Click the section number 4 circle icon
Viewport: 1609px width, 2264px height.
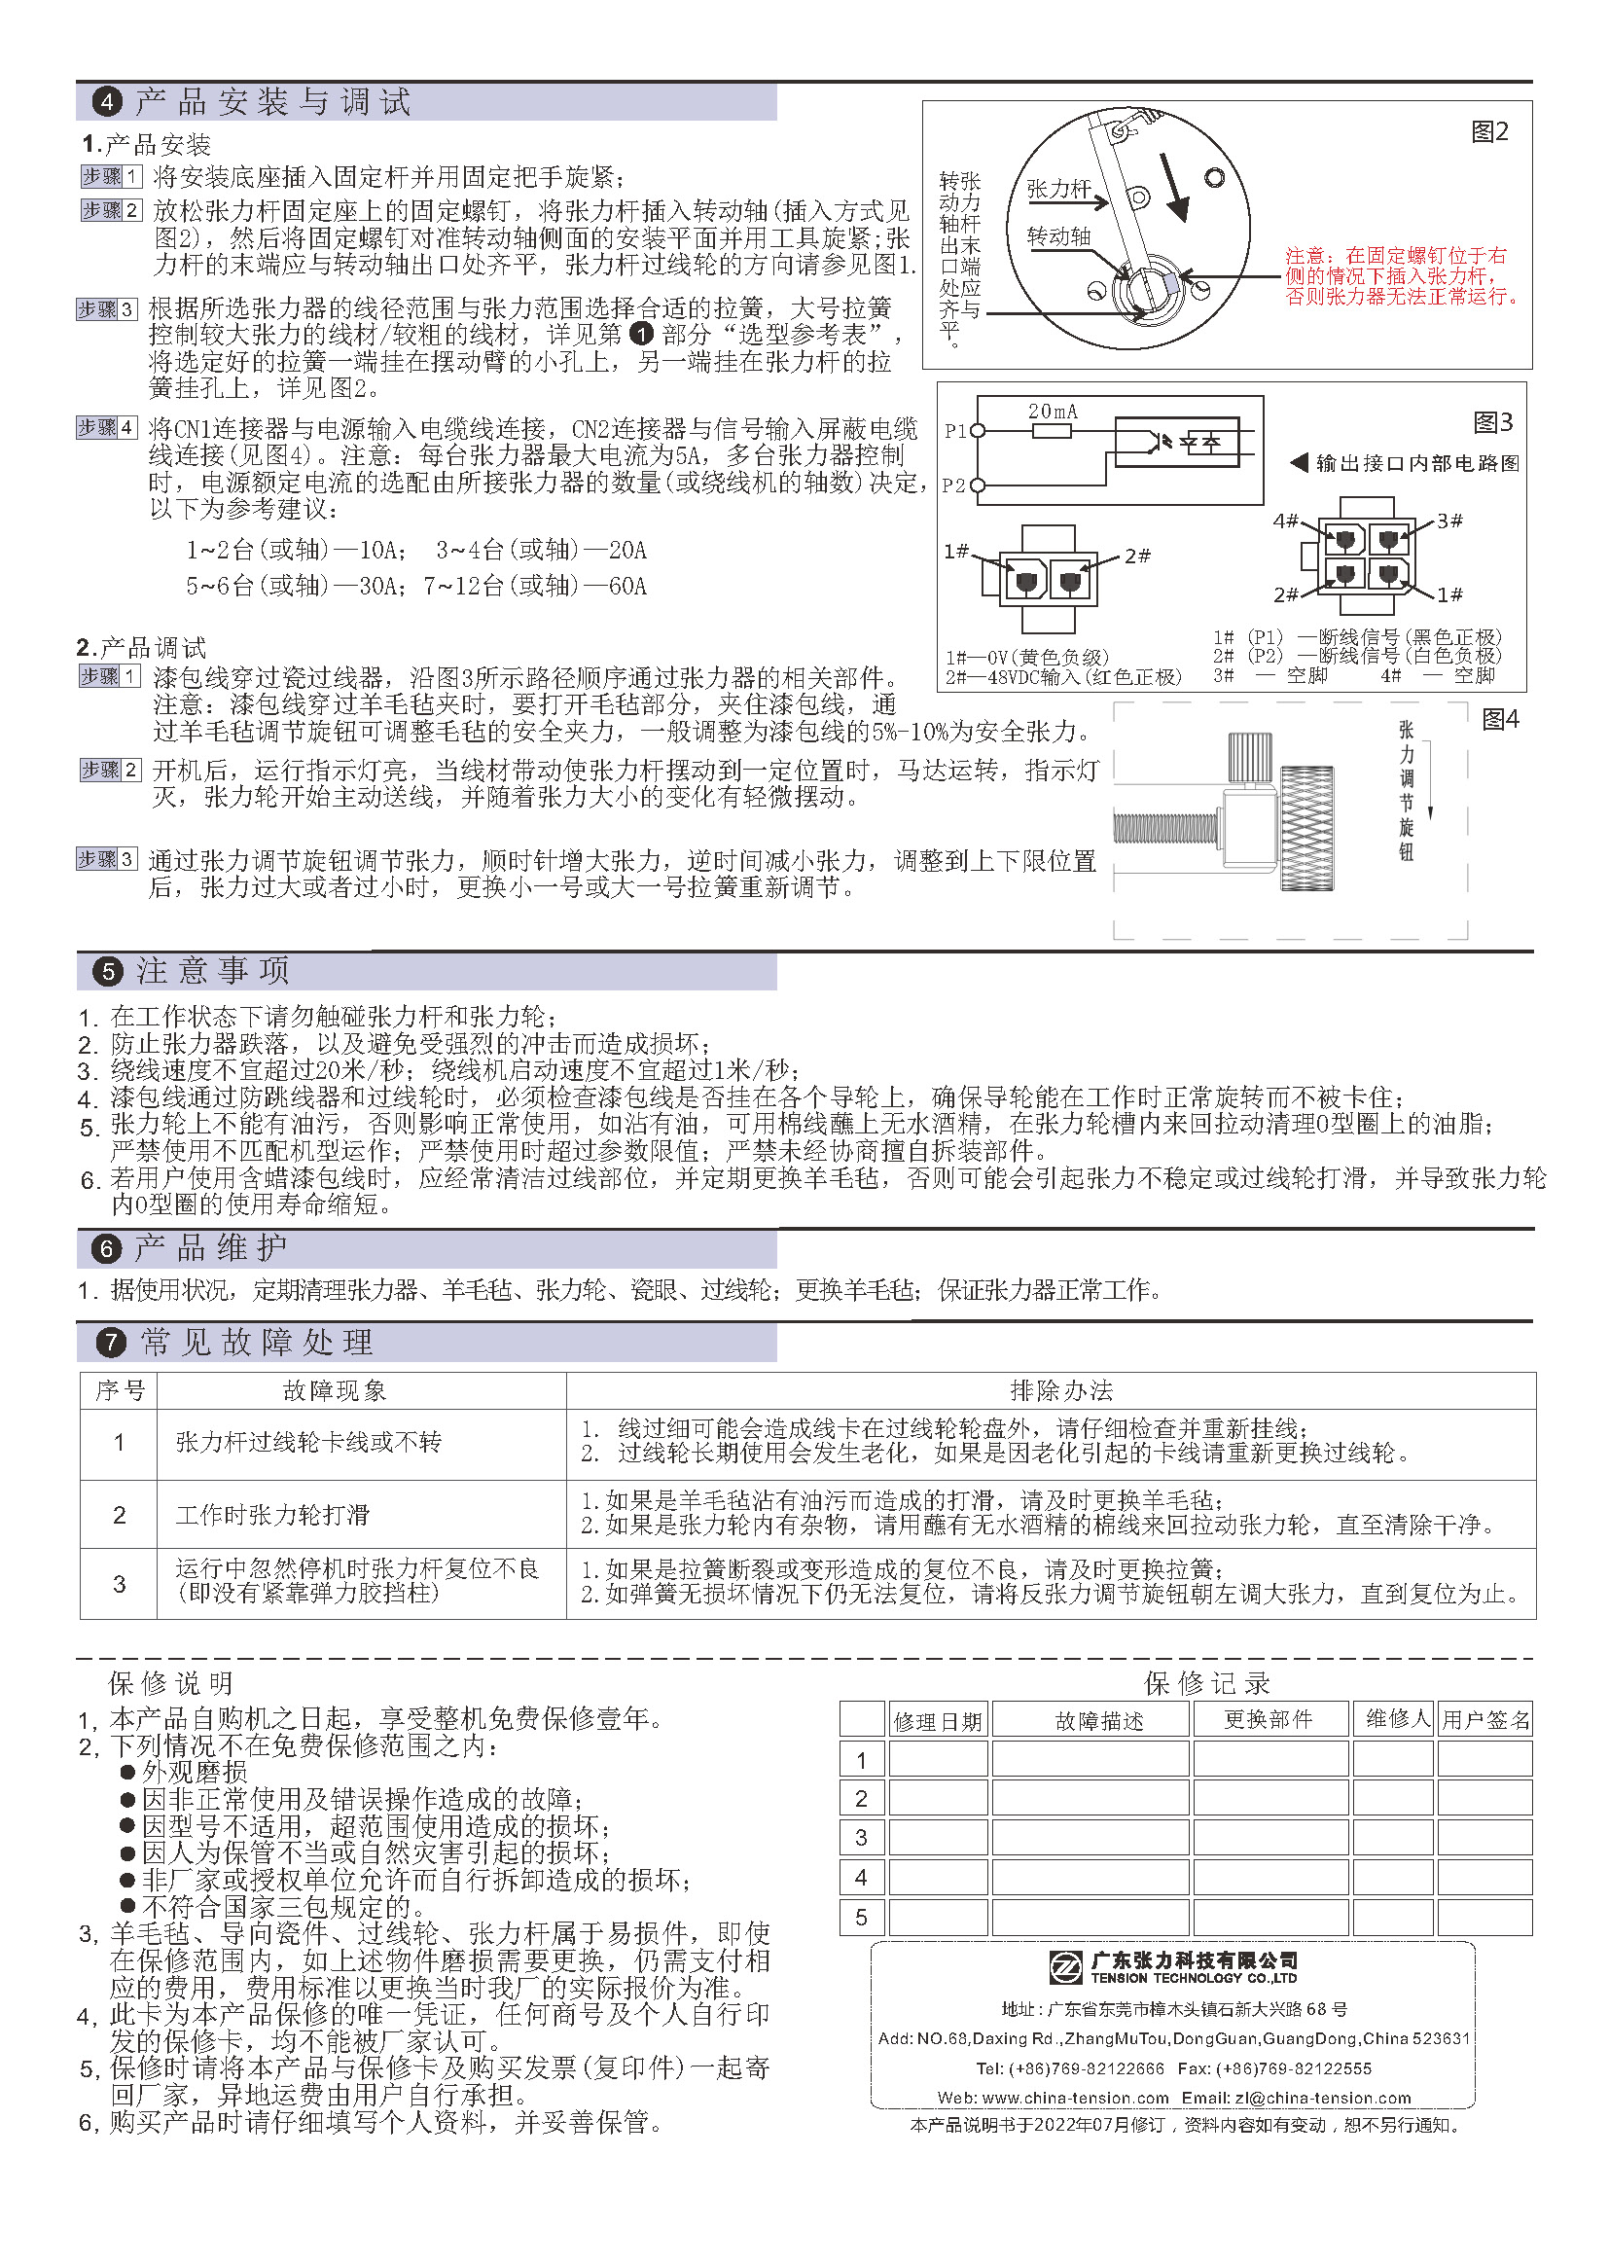pyautogui.click(x=107, y=101)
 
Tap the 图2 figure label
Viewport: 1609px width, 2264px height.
pyautogui.click(x=1489, y=131)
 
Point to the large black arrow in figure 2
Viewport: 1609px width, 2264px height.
pyautogui.click(x=1175, y=188)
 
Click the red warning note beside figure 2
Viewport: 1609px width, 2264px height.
pyautogui.click(x=1401, y=275)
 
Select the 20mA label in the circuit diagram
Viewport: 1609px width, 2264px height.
pyautogui.click(x=1053, y=412)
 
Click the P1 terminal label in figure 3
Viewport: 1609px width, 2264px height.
pyautogui.click(x=955, y=431)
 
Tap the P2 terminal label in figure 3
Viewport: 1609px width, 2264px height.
pyautogui.click(x=953, y=485)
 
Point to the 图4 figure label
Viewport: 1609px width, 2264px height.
pyautogui.click(x=1500, y=719)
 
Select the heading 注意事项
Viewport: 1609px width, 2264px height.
pyautogui.click(x=213, y=971)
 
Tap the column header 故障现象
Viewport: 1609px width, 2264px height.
pyautogui.click(x=335, y=1391)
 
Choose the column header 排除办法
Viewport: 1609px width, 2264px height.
pyautogui.click(x=1061, y=1391)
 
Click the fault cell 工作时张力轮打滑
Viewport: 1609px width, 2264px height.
pyautogui.click(x=272, y=1515)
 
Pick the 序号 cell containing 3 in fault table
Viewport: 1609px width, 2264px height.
pyautogui.click(x=119, y=1584)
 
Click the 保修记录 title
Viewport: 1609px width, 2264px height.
pyautogui.click(x=1206, y=1683)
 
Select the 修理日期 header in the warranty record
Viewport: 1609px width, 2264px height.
pyautogui.click(x=937, y=1721)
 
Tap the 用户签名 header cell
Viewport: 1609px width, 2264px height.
pyautogui.click(x=1485, y=1720)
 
